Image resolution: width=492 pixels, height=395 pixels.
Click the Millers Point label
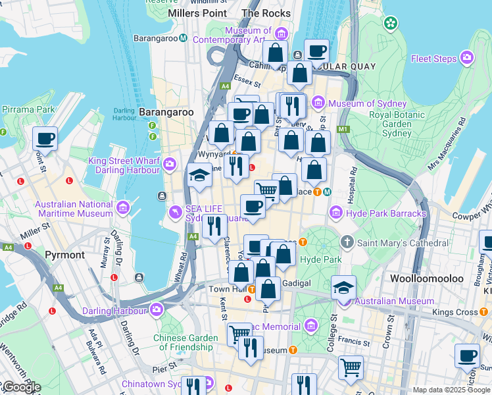[197, 13]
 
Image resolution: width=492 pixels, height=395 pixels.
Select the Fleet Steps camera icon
[468, 58]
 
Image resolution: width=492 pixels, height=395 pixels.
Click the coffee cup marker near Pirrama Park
[45, 139]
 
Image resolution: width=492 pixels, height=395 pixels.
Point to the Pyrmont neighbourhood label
[64, 255]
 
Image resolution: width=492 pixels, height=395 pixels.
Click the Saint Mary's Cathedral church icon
[347, 242]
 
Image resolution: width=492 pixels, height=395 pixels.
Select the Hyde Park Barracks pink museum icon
[336, 213]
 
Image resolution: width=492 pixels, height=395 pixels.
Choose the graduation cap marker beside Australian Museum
[343, 288]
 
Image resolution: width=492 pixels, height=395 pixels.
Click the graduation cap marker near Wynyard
[199, 176]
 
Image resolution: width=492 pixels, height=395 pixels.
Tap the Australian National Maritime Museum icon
[122, 209]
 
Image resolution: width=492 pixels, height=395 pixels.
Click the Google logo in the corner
[21, 387]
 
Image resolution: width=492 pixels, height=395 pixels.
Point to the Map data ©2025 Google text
[451, 390]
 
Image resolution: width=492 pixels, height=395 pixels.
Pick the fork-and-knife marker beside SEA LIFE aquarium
[214, 226]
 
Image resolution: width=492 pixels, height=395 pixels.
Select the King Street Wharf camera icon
[170, 163]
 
